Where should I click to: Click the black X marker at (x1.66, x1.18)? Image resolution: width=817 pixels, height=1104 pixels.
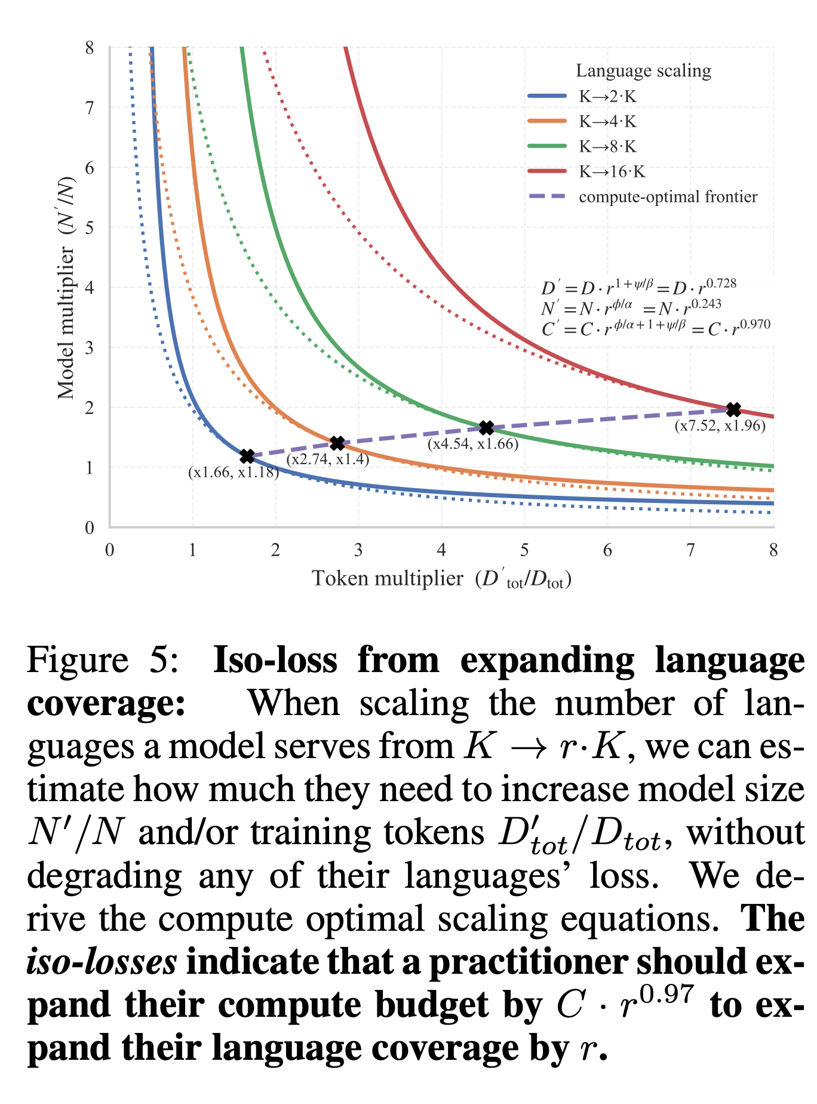pos(247,456)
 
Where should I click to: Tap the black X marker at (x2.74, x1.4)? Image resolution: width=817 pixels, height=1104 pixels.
pos(337,443)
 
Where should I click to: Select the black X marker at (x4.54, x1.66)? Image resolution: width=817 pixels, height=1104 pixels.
pos(487,428)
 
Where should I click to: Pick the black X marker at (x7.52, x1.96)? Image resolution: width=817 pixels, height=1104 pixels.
pos(733,410)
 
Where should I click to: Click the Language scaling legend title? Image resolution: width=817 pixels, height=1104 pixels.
pos(643,71)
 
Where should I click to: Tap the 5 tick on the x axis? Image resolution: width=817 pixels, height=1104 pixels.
pos(524,550)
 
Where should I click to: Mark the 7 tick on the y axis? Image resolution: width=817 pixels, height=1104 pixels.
pos(90,108)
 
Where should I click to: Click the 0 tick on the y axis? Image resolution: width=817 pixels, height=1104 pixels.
pos(90,528)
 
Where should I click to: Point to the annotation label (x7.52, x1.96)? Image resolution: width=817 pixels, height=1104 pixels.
pos(720,426)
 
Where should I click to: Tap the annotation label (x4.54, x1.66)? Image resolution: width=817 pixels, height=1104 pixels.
pos(472,444)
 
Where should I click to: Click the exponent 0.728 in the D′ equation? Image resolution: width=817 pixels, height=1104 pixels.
pos(721,283)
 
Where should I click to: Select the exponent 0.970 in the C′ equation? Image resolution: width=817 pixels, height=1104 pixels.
pos(755,324)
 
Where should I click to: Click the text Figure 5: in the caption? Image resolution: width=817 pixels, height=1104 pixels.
pos(102,661)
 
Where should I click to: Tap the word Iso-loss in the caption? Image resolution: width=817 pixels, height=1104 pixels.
pos(275,661)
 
